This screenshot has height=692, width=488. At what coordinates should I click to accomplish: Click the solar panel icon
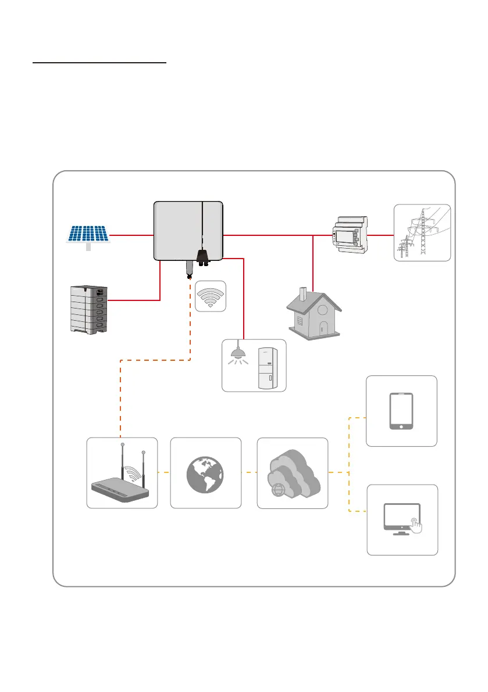pos(87,235)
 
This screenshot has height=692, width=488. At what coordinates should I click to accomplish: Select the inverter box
pos(188,231)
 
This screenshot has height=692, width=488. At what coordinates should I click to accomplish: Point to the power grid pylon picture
pos(422,232)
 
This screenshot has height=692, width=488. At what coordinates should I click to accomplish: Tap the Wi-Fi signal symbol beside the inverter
pos(210,296)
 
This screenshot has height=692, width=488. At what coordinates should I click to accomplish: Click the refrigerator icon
pos(268,367)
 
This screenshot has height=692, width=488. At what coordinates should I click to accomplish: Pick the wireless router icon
pos(122,473)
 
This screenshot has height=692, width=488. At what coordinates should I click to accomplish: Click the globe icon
pos(206,472)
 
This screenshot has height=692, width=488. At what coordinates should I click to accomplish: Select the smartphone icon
pos(401,411)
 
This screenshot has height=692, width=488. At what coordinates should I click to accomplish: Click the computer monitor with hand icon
pos(402,519)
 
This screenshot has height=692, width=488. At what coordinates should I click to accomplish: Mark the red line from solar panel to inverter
pos(131,235)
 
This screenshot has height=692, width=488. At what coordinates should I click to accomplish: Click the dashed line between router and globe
pos(164,472)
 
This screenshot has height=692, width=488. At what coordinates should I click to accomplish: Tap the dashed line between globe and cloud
pos(249,472)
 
